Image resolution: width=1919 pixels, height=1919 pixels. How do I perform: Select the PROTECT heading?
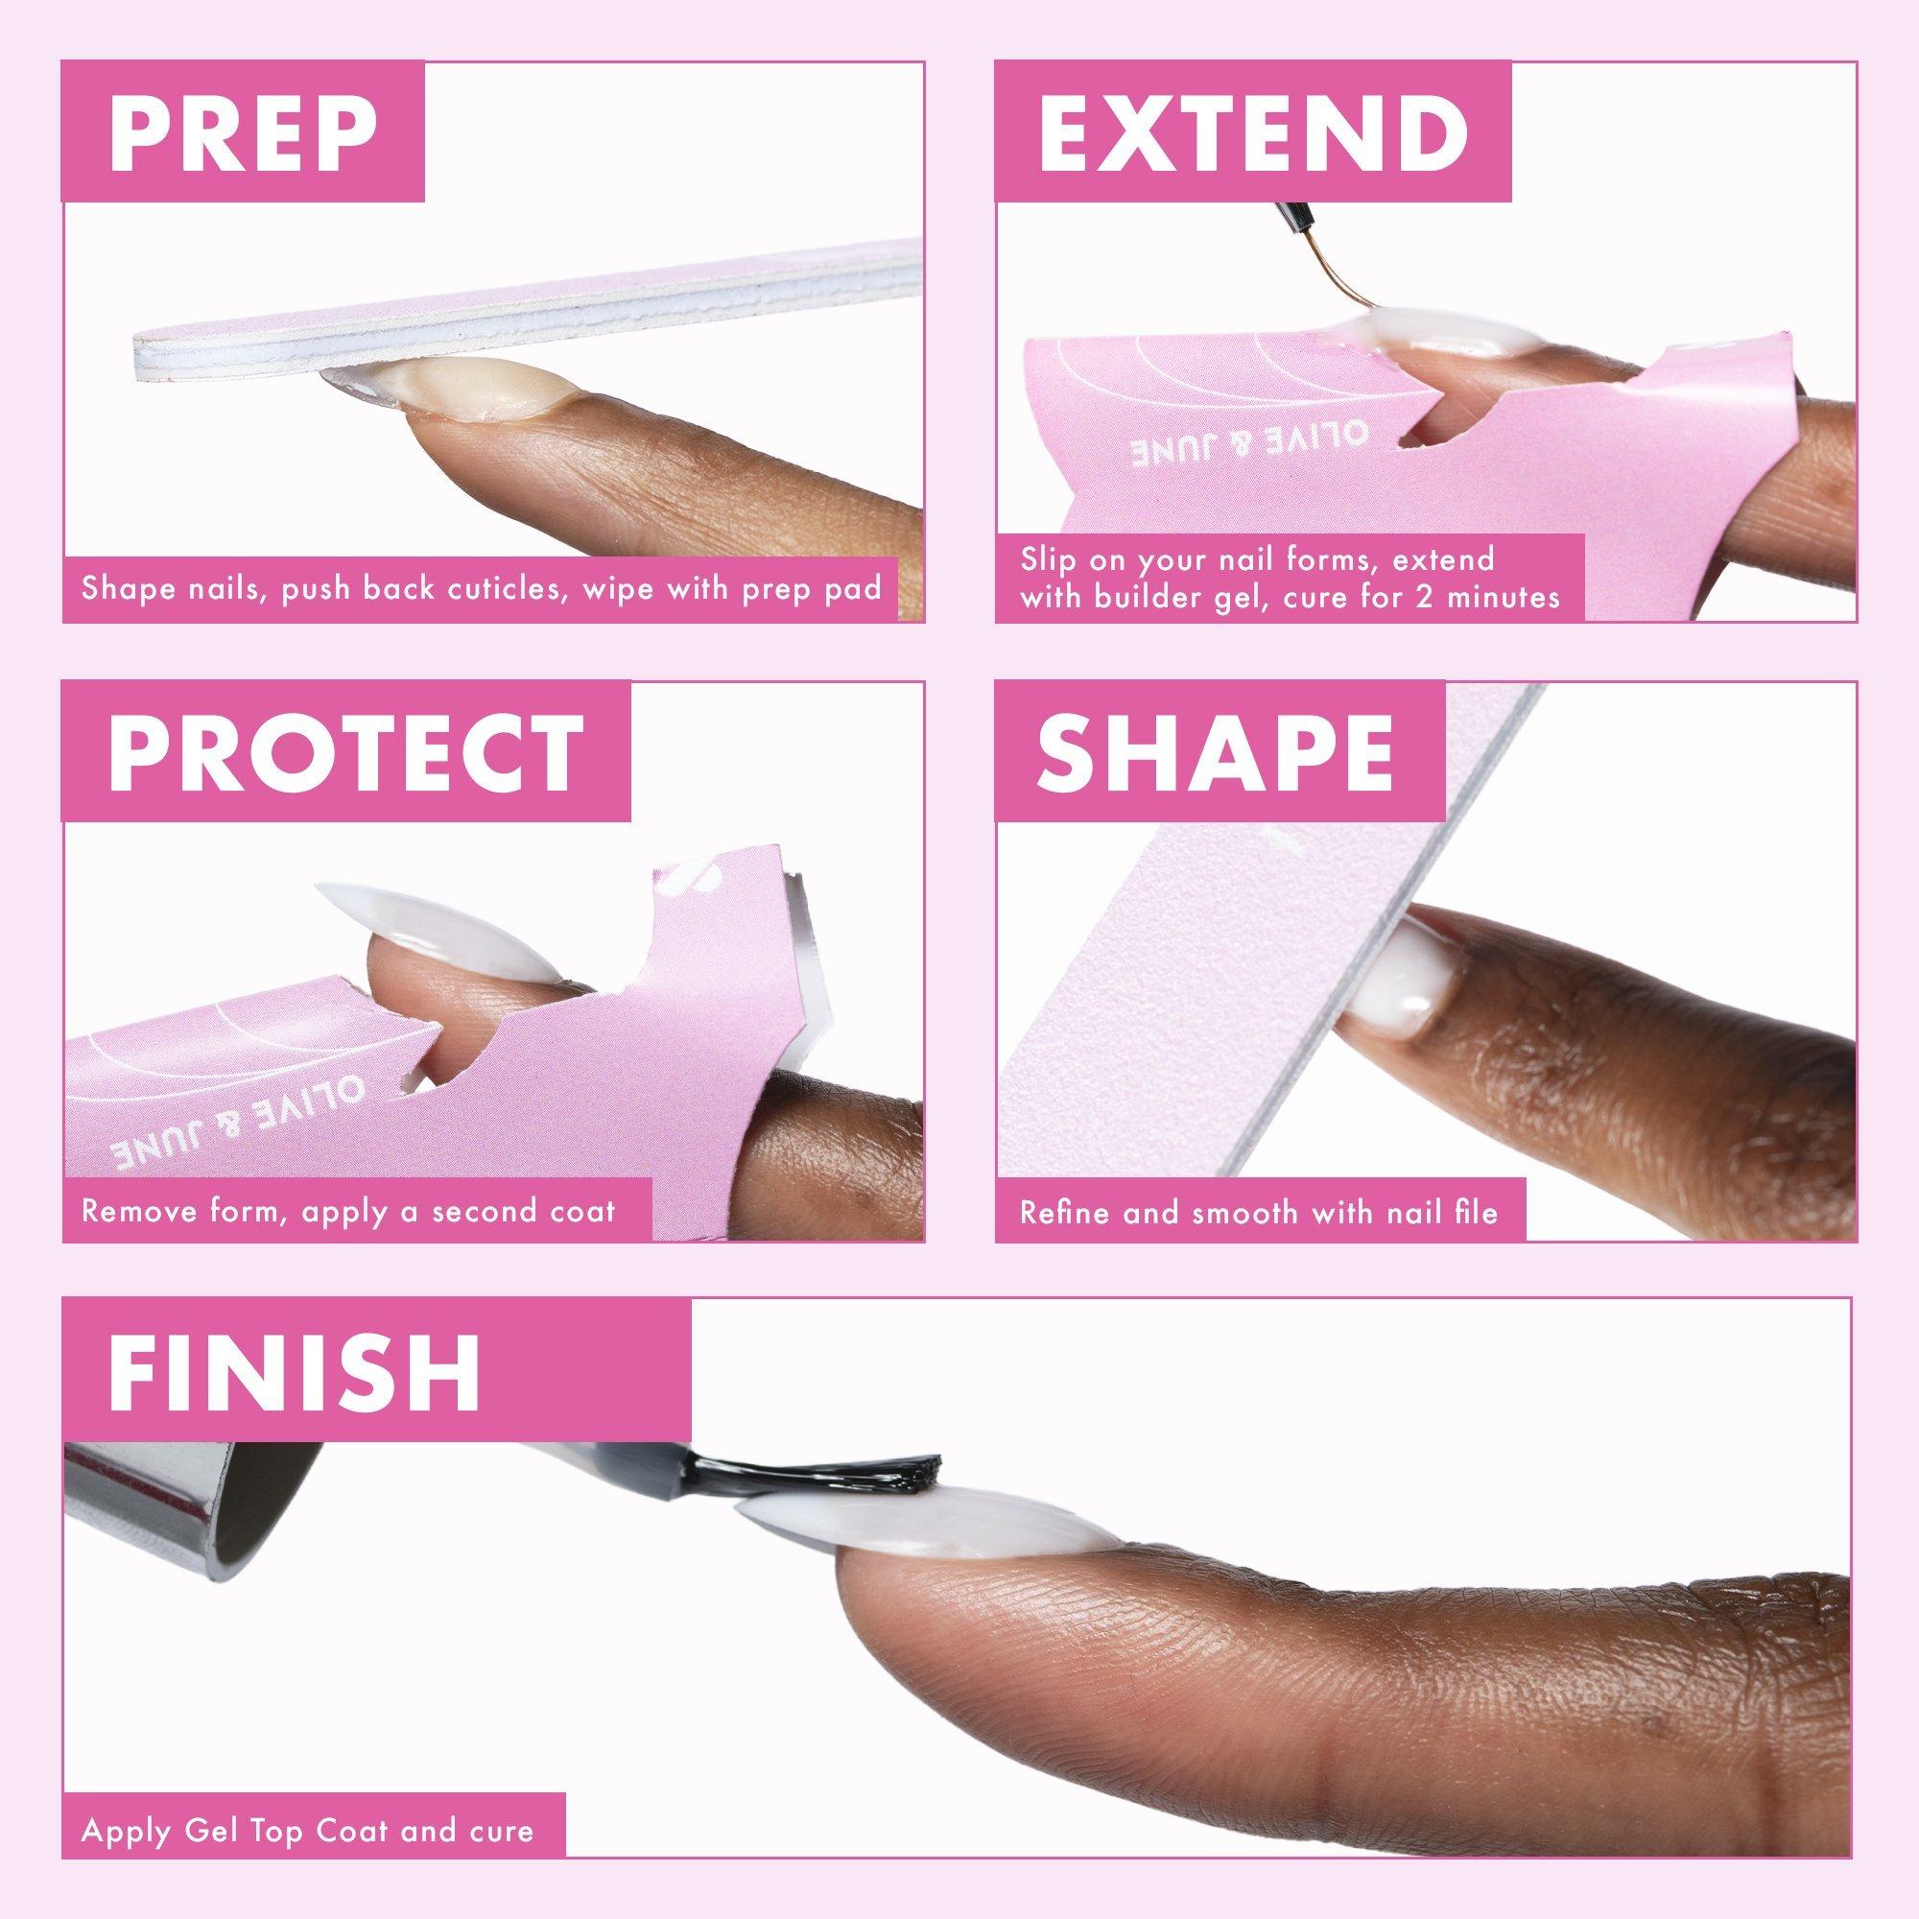click(x=346, y=752)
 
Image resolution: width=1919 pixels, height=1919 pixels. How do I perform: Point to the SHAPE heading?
click(x=1215, y=752)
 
